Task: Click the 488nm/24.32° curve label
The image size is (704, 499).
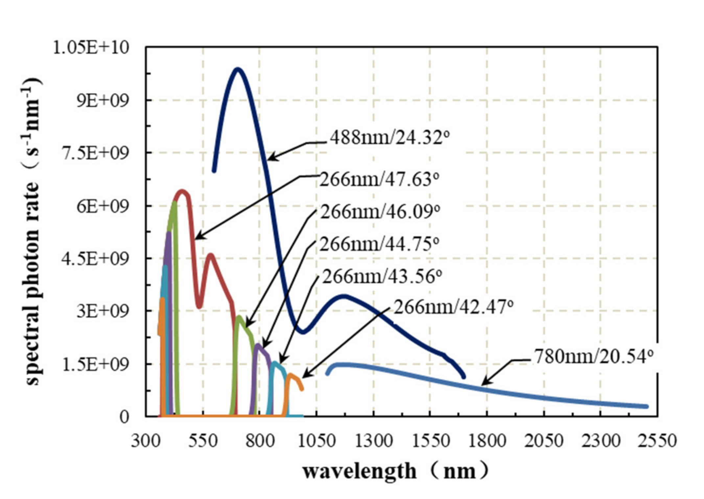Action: tap(389, 137)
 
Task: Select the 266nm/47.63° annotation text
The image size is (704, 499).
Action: tap(379, 179)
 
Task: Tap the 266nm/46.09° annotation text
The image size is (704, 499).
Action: tap(380, 212)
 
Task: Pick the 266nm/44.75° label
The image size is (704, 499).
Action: tap(379, 244)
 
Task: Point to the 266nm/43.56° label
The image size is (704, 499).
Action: tap(382, 276)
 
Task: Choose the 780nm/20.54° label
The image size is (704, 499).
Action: tap(594, 356)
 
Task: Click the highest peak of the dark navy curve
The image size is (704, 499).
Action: tap(237, 69)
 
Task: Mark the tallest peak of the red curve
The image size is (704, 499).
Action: tap(182, 191)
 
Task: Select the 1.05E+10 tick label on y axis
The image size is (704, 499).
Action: tap(91, 48)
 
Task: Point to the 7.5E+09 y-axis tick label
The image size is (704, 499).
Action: tap(95, 153)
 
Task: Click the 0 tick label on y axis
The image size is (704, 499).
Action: tap(124, 417)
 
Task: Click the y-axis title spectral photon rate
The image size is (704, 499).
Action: tap(33, 230)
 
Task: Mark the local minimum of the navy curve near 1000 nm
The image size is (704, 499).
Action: tap(303, 332)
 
